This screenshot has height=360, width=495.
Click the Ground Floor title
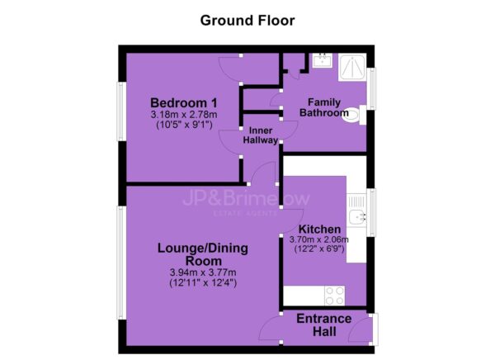(247, 21)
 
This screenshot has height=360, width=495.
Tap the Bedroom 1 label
(184, 103)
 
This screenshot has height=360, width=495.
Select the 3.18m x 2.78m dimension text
(184, 115)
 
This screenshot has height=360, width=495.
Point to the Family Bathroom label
(324, 107)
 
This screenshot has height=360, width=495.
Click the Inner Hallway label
(261, 135)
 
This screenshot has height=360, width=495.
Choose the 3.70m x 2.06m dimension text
(319, 239)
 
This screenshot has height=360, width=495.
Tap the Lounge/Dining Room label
(203, 254)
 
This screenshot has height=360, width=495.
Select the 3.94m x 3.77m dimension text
(203, 272)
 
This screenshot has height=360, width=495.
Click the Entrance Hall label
(324, 325)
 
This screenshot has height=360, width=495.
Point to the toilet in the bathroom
(354, 115)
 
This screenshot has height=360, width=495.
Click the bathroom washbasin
(322, 60)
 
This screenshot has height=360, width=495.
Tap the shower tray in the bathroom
(352, 67)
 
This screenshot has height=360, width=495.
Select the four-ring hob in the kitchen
(335, 296)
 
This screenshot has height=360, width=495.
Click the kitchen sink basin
(357, 217)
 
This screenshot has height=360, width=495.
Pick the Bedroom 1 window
(121, 111)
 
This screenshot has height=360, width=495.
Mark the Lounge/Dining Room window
(121, 263)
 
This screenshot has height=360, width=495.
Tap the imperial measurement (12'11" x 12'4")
(203, 282)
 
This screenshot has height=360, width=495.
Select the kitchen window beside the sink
(371, 212)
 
